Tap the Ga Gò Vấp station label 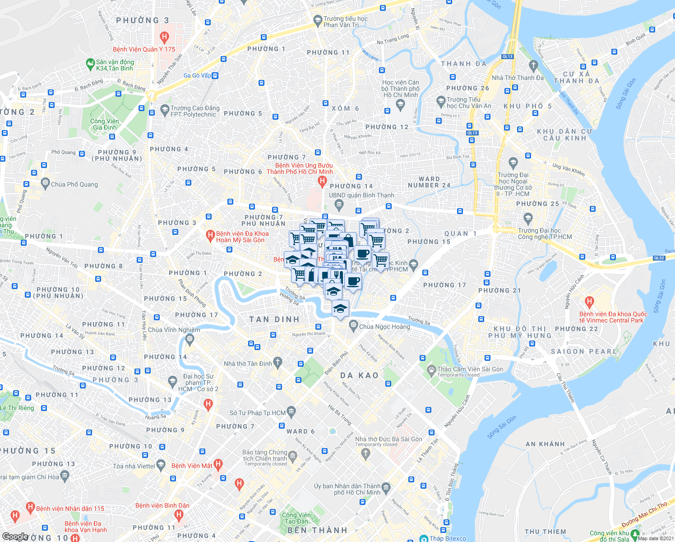[x=197, y=75]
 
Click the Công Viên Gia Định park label [x=104, y=124]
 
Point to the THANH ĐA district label [x=464, y=64]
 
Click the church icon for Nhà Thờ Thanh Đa [x=533, y=66]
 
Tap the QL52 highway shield [x=659, y=258]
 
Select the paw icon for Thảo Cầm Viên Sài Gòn [x=432, y=369]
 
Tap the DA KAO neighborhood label [x=359, y=375]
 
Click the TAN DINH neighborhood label [x=274, y=319]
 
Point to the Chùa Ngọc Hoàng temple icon [x=353, y=325]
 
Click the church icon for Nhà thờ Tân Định [x=278, y=362]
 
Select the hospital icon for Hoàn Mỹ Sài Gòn [x=210, y=235]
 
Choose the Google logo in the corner [x=15, y=537]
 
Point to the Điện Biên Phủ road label [x=336, y=363]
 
